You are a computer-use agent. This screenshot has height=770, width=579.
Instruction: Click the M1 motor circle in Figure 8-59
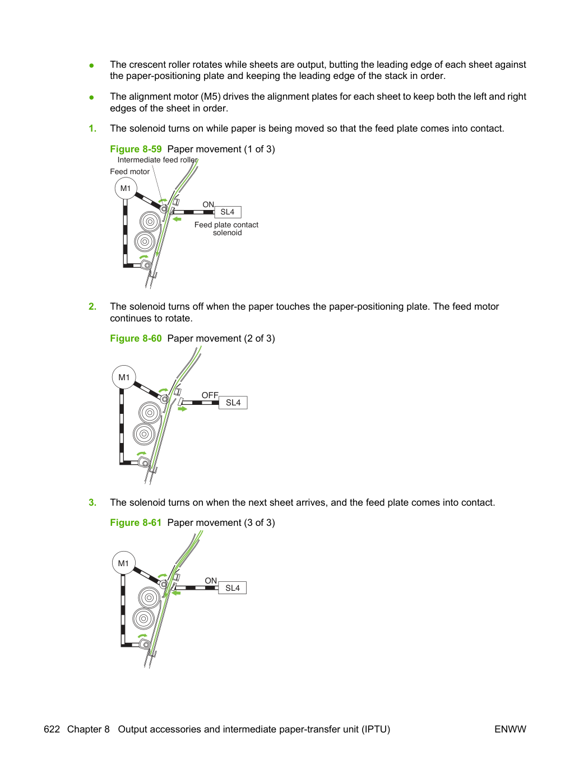point(126,188)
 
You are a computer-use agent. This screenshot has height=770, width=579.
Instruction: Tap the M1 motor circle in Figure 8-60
point(124,377)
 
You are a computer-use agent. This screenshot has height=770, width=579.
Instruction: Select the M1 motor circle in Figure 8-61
point(123,563)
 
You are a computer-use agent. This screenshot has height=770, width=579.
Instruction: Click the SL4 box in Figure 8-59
point(228,212)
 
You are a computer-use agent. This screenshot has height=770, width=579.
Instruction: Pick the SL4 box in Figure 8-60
point(233,403)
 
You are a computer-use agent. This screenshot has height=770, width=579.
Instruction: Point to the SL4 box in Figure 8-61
point(232,588)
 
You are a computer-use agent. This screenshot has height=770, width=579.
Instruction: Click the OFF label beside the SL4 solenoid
point(210,395)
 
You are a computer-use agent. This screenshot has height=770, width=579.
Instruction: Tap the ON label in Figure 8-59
point(208,204)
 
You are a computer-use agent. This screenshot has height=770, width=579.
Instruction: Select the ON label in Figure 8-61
point(211,581)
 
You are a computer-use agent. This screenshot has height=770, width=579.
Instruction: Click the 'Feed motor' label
point(129,171)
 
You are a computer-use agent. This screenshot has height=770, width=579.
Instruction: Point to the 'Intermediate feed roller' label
point(158,160)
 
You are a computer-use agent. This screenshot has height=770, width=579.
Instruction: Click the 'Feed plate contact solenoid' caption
point(226,228)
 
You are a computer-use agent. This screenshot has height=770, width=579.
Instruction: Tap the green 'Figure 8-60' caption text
point(136,338)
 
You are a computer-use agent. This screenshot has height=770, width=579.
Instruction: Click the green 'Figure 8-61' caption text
point(136,522)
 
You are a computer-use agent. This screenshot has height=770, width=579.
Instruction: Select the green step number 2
point(92,306)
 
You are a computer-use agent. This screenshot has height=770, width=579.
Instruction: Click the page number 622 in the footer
point(52,729)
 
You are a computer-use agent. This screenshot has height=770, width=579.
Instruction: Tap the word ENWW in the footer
point(510,729)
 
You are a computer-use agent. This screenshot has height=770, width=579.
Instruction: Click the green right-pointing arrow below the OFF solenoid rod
point(182,409)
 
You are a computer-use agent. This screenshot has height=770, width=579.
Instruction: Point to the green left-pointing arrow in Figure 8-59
point(177,220)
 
